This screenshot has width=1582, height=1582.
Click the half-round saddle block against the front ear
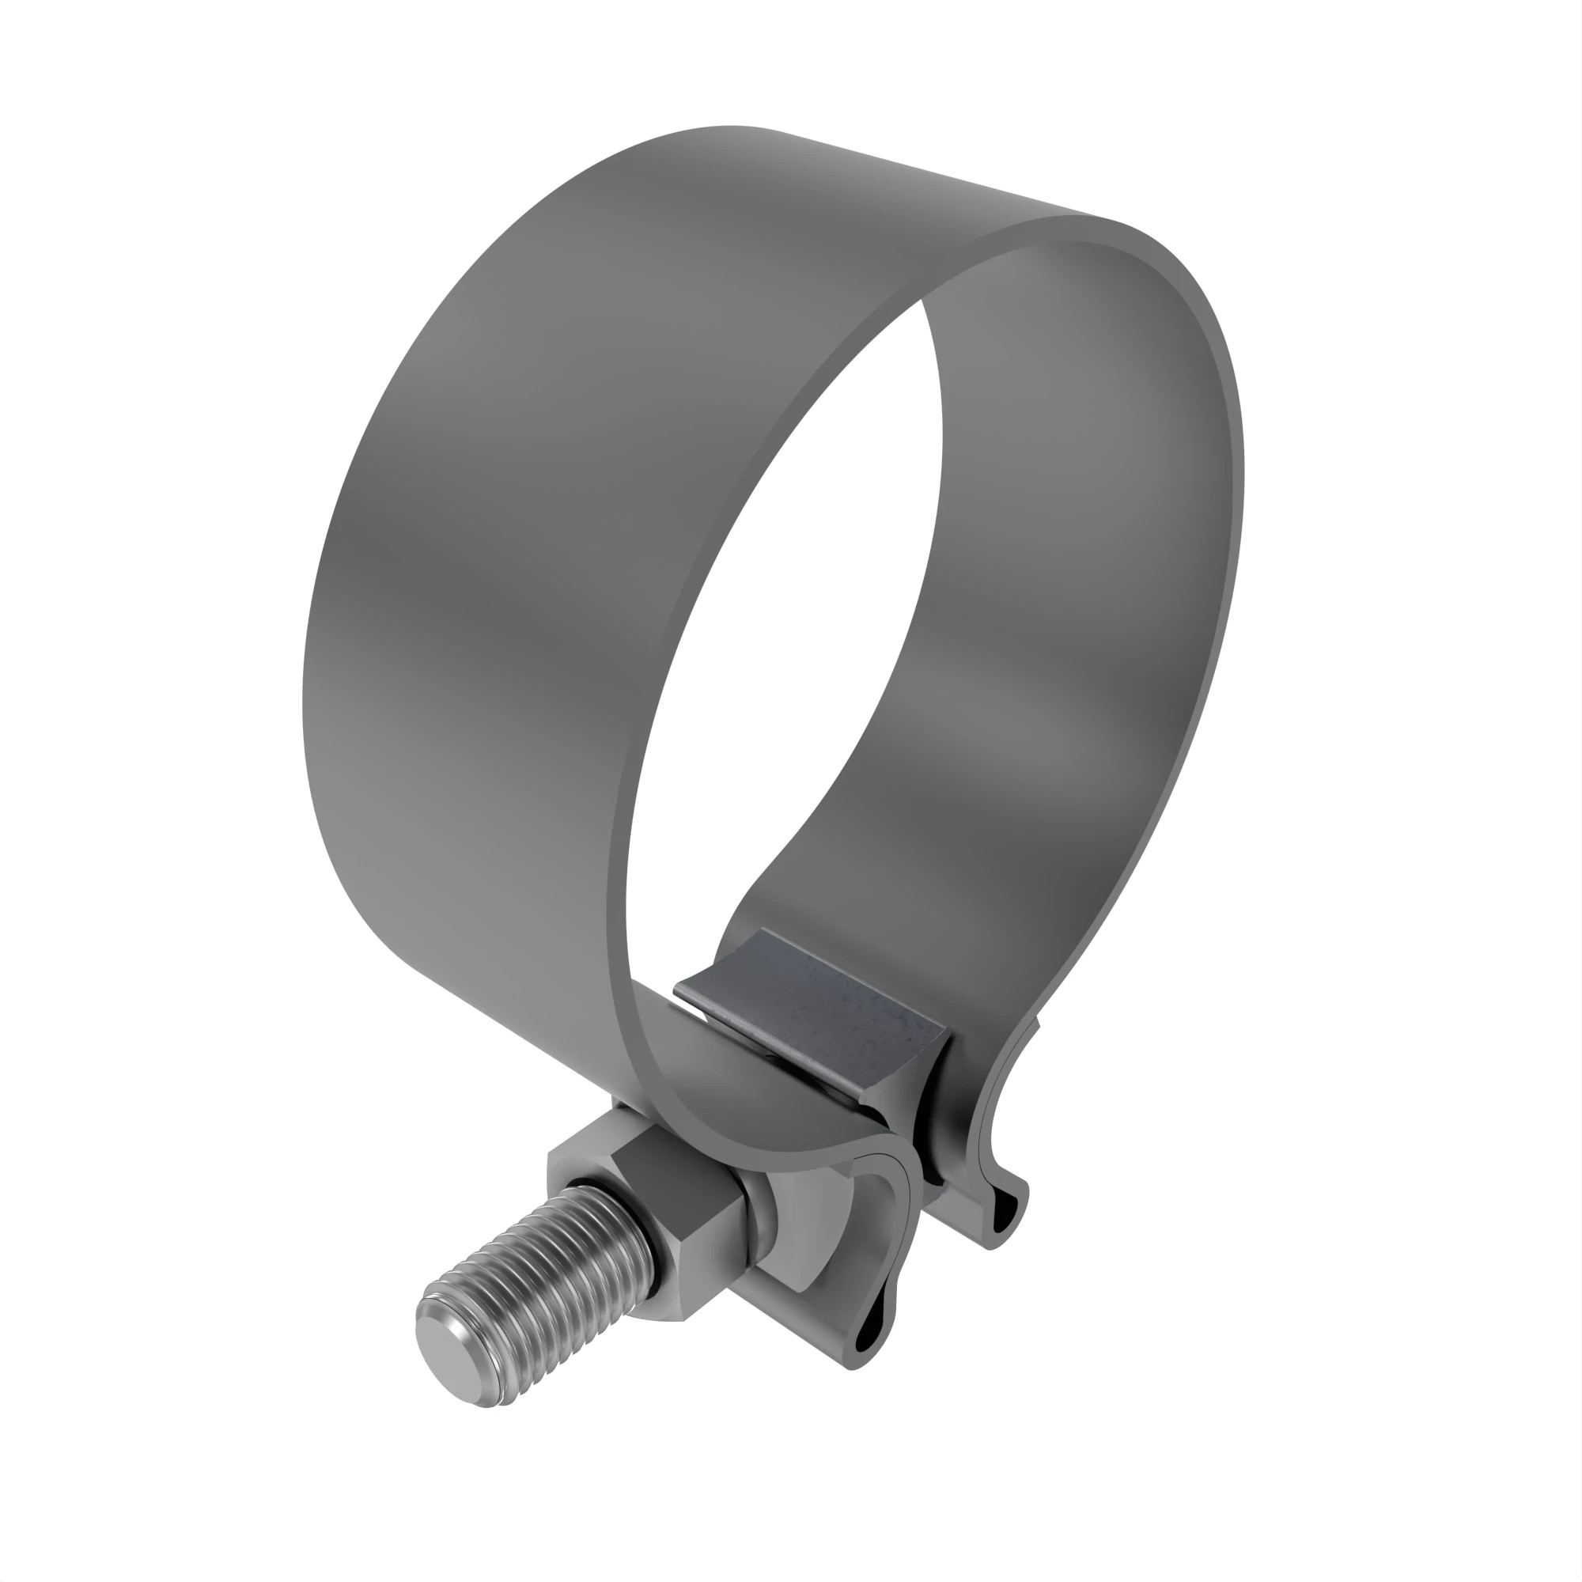819,1228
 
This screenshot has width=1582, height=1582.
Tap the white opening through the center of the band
778,655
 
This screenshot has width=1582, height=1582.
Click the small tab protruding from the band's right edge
1036,1024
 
